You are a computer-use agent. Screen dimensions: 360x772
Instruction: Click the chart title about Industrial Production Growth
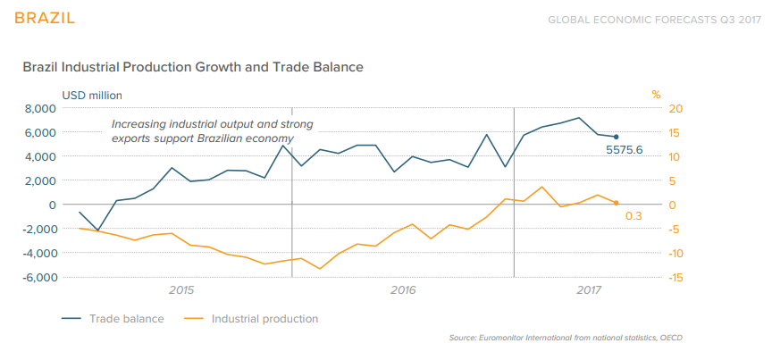(192, 67)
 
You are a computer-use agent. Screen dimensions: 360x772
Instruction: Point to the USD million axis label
(92, 95)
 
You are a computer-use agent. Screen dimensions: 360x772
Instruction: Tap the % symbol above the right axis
(655, 95)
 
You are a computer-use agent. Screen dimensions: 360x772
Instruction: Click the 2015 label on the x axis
(181, 290)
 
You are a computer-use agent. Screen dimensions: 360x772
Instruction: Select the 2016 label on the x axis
(404, 290)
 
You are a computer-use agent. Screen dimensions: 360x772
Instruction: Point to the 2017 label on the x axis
(589, 290)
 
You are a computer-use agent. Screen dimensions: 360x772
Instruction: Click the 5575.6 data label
(625, 150)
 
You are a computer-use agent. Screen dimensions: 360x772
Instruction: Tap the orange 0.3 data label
(634, 215)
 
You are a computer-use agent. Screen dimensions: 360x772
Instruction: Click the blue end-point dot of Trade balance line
(616, 137)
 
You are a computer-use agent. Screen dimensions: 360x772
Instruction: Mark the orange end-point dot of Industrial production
(616, 203)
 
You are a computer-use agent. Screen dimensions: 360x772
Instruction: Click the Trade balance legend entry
(126, 318)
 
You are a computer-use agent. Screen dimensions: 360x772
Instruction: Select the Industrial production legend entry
(264, 318)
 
